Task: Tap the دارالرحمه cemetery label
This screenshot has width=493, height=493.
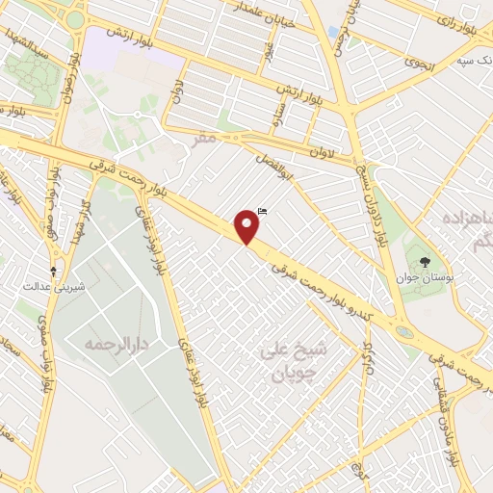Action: point(106,344)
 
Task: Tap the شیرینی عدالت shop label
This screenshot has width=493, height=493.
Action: point(47,286)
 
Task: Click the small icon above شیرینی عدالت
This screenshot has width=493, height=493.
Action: point(54,269)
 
